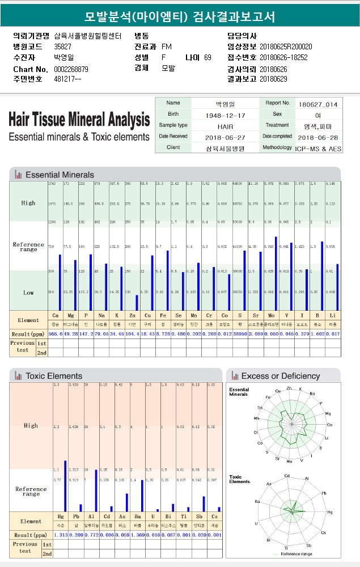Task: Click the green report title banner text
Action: point(180,16)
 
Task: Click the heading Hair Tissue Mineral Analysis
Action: point(79,119)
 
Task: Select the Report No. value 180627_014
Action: point(317,104)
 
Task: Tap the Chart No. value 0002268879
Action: point(71,69)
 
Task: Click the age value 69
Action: point(207,57)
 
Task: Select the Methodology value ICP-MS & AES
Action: point(319,148)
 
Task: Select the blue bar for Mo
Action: point(276,273)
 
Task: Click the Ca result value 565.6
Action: point(56,334)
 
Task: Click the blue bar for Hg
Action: point(65,486)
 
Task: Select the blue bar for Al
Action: point(96,490)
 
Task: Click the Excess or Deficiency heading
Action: point(280,376)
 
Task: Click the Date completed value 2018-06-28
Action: point(317,137)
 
